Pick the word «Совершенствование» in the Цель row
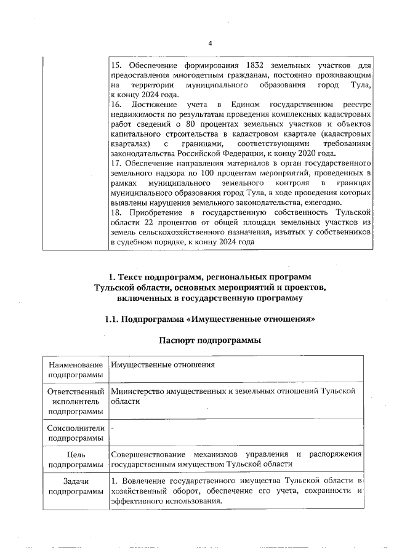click(x=148, y=455)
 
